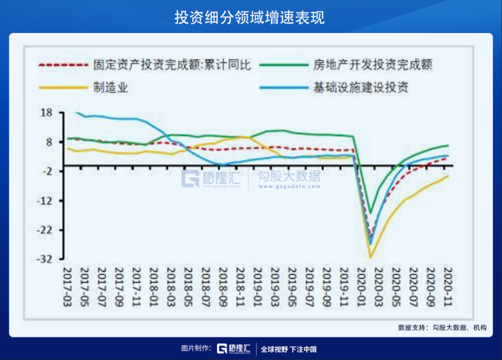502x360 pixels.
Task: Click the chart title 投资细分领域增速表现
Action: coord(251,17)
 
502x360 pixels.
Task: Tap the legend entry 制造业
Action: coord(111,87)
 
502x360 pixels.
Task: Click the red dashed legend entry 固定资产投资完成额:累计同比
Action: coord(172,65)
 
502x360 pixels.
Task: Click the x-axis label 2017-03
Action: coord(68,285)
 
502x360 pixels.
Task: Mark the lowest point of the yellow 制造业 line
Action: coord(370,257)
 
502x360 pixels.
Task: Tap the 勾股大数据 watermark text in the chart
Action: coord(289,177)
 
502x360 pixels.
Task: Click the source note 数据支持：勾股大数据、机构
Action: coord(442,327)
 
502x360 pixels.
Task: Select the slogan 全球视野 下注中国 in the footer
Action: coord(289,349)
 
